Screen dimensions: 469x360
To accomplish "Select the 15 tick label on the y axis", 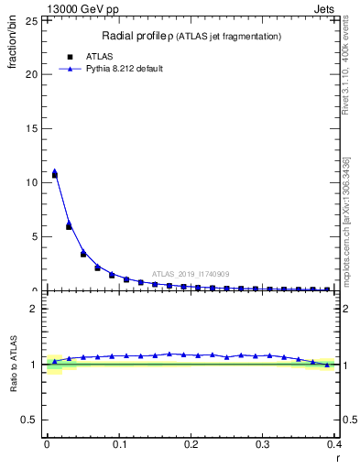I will pos(32,129).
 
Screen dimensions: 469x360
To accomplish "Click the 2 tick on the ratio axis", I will pos(35,309).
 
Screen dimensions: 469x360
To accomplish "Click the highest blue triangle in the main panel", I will pos(54,171).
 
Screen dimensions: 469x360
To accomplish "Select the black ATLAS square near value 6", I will pos(69,226).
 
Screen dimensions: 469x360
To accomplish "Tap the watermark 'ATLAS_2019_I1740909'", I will pos(190,274).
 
